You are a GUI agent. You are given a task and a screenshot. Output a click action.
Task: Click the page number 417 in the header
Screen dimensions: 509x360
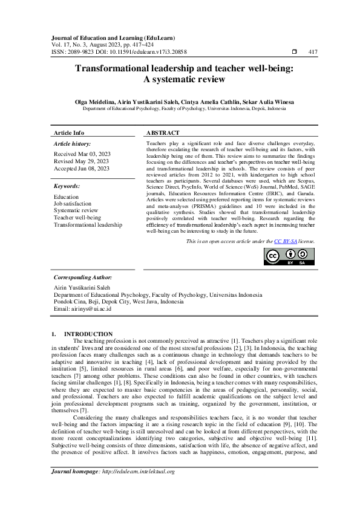[313, 53]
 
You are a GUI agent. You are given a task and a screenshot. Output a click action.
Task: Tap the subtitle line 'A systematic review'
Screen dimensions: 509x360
[183, 80]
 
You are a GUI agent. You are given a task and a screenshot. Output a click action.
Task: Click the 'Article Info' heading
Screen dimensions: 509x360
[69, 132]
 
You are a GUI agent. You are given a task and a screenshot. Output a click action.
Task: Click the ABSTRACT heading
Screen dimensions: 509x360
[163, 132]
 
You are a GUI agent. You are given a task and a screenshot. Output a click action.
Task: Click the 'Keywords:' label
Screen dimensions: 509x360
[67, 186]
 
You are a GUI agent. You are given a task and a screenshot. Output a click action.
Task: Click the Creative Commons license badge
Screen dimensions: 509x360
[289, 256]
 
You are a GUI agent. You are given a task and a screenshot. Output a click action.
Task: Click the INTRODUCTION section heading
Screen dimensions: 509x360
[88, 334]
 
